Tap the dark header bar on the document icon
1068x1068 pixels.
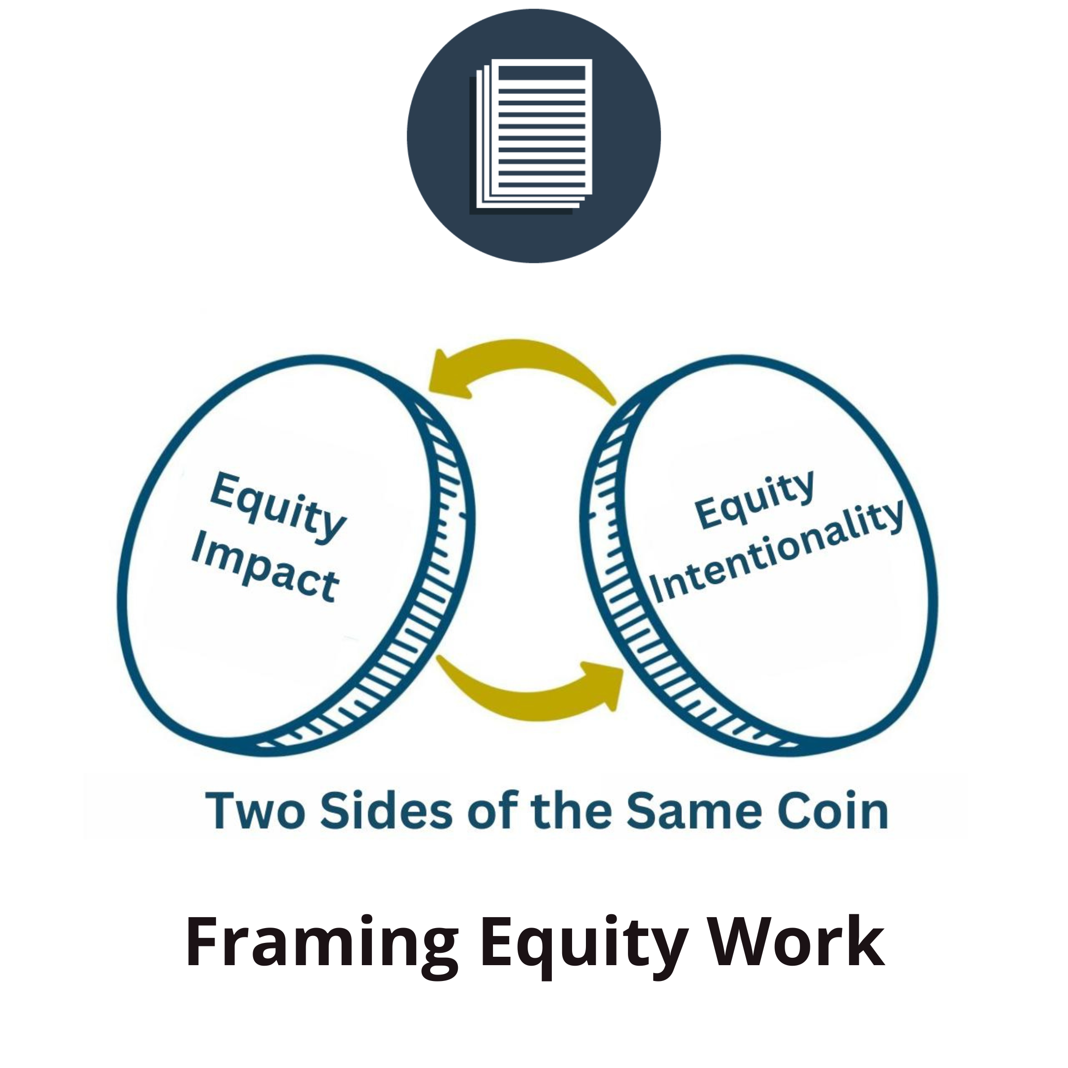(541, 73)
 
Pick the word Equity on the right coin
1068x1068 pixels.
(755, 500)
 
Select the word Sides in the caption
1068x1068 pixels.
(386, 811)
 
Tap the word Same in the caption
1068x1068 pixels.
(694, 811)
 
